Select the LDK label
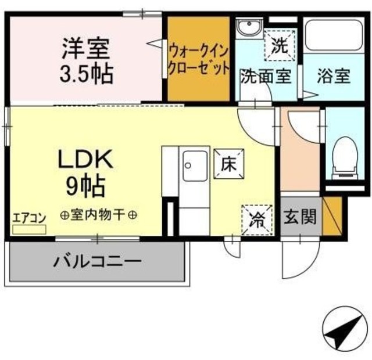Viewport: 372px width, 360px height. tap(85, 159)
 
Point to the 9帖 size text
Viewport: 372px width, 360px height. tap(85, 186)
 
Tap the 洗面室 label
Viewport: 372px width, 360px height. tap(265, 76)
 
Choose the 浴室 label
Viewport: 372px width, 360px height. tap(334, 76)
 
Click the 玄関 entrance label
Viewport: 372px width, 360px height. tap(301, 218)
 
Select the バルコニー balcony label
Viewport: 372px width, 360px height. tap(98, 260)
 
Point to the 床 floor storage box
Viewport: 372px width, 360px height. tap(227, 162)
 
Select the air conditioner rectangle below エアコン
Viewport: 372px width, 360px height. tap(29, 229)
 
